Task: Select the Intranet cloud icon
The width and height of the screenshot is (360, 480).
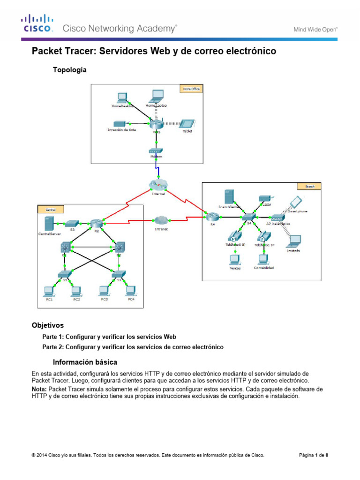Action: pos(161,220)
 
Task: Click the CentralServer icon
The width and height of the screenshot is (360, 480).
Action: pos(48,223)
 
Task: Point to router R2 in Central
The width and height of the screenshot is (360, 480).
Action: pos(97,224)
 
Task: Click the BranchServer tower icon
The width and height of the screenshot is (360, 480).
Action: pos(229,197)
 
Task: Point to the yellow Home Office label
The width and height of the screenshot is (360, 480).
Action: pos(190,88)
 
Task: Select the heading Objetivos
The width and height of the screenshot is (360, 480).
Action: pos(47,325)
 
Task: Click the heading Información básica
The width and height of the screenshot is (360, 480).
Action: pos(85,362)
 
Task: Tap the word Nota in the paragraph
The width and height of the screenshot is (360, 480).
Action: pos(39,389)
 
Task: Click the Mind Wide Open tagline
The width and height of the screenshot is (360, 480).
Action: pos(315,29)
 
